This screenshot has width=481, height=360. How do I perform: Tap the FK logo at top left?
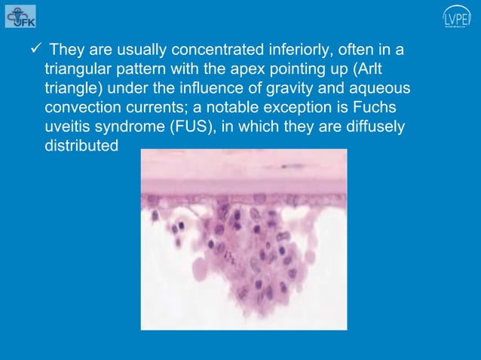click(x=20, y=16)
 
